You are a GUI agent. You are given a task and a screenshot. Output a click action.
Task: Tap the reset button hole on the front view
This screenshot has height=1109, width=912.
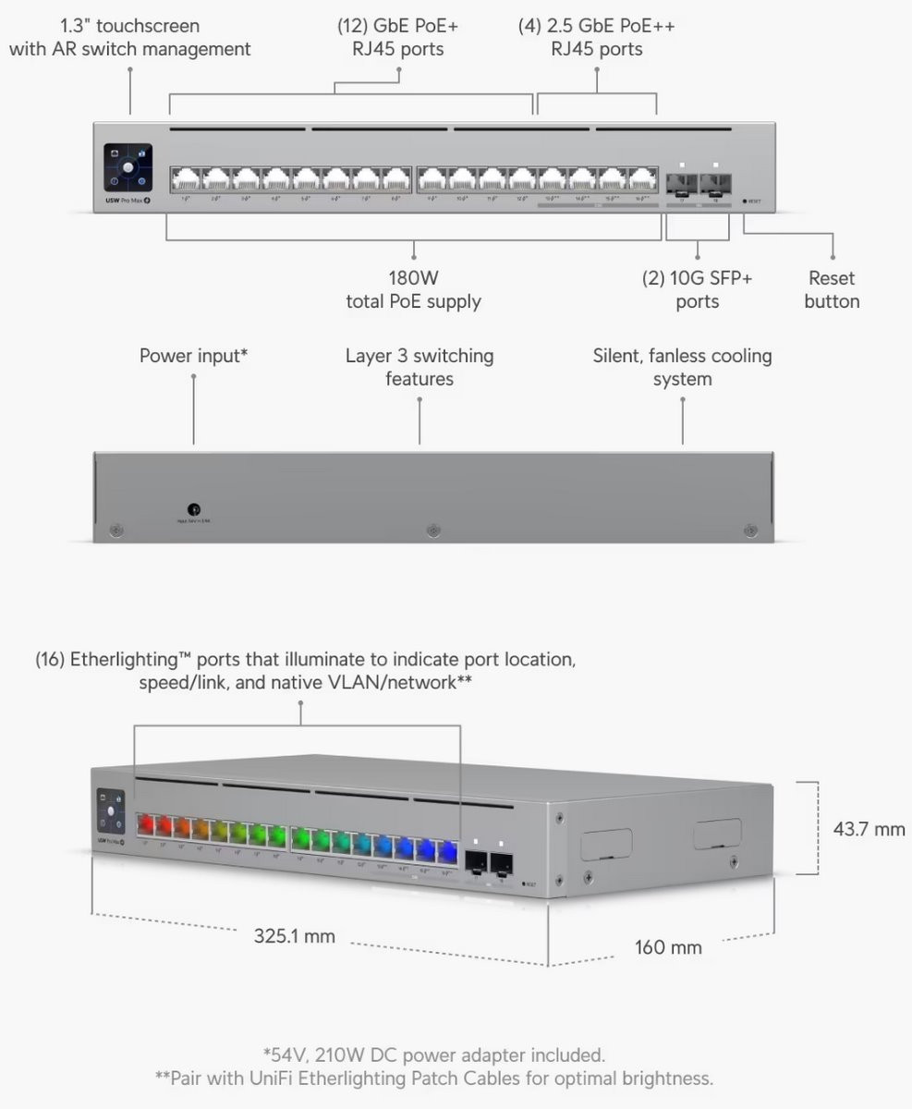coord(746,200)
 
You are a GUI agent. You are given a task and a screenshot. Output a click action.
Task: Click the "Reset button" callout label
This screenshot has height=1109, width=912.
coord(832,289)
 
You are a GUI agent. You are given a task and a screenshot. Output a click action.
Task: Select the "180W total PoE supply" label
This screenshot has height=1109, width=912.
coord(413,289)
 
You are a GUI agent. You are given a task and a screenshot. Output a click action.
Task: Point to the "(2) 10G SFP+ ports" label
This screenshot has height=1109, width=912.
coord(697,289)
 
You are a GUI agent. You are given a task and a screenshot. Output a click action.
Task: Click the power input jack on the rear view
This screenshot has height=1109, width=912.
coord(194,508)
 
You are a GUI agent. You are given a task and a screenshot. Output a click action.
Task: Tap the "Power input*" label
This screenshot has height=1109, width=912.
coord(193,356)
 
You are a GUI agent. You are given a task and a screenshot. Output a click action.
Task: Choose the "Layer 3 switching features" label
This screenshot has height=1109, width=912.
coord(420,367)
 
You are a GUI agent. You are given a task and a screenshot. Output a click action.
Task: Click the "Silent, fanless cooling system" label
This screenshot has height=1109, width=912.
coord(682,367)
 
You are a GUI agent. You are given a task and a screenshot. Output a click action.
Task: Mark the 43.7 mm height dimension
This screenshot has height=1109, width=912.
coord(869,829)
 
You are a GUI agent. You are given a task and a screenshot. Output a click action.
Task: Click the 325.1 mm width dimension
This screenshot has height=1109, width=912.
coord(295,936)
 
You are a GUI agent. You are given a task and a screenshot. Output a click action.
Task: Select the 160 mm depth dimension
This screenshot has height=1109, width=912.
coord(668,947)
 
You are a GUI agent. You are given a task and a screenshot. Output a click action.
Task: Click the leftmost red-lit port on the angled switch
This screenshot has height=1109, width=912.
coord(145,823)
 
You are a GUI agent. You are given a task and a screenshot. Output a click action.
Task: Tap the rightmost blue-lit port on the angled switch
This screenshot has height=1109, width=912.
coord(447,851)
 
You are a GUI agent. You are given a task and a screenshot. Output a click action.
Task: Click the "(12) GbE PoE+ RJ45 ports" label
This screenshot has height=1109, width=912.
coord(397,37)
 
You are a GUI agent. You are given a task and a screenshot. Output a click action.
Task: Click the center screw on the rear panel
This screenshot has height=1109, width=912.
coord(432,530)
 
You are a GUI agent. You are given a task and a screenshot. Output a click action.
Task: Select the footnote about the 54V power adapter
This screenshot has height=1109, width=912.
coord(434,1054)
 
